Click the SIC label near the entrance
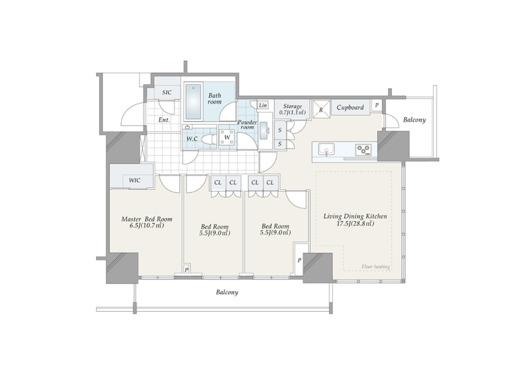[167, 93]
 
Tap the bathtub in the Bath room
[193, 102]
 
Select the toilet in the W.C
[207, 139]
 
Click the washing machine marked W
[227, 137]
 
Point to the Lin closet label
[263, 105]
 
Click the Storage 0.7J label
[292, 109]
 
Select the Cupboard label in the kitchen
[350, 108]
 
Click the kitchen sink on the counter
[326, 150]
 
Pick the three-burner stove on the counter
[363, 150]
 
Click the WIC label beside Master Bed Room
[135, 180]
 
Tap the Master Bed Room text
[147, 219]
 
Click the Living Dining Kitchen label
[355, 216]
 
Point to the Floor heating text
[376, 267]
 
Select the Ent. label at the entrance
[164, 120]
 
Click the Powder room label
[247, 124]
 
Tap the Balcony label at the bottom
[227, 292]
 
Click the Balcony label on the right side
[415, 120]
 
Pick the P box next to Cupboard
[377, 106]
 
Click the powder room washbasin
[265, 131]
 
